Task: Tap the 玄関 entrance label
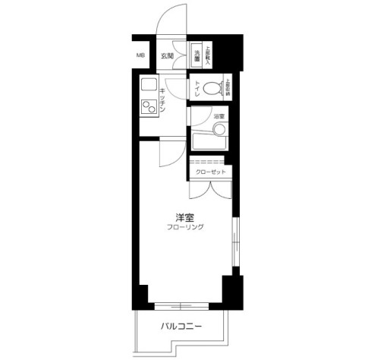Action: [x=167, y=56]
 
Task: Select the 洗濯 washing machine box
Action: [x=197, y=55]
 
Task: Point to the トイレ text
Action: [x=197, y=89]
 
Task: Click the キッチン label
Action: [x=163, y=99]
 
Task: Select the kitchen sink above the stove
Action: [x=146, y=85]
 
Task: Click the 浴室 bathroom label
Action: [x=219, y=116]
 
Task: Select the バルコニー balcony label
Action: [x=181, y=327]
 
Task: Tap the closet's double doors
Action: [x=208, y=190]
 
